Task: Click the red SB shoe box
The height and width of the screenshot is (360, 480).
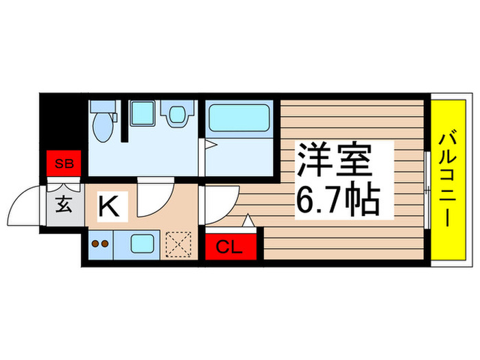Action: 64,164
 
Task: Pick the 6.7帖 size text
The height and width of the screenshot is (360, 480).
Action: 338,200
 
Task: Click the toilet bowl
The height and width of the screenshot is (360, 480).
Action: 104,124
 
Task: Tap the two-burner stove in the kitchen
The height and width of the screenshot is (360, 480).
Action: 100,243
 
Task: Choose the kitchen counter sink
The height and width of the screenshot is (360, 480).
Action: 143,243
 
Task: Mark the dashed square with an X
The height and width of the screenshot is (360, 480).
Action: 181,243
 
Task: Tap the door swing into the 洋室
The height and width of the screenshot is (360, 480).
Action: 221,201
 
